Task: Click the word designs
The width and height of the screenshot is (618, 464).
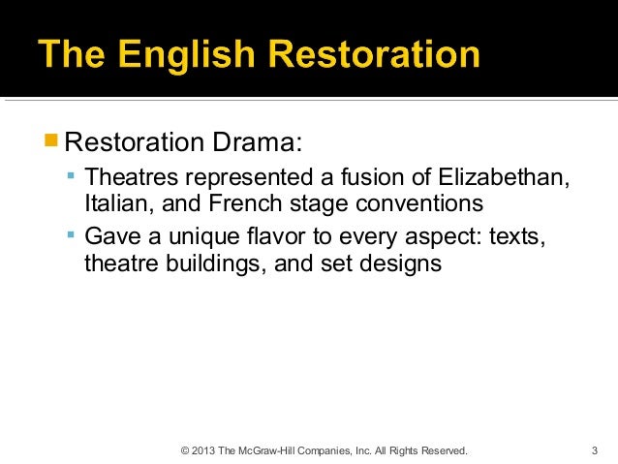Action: [x=405, y=263]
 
